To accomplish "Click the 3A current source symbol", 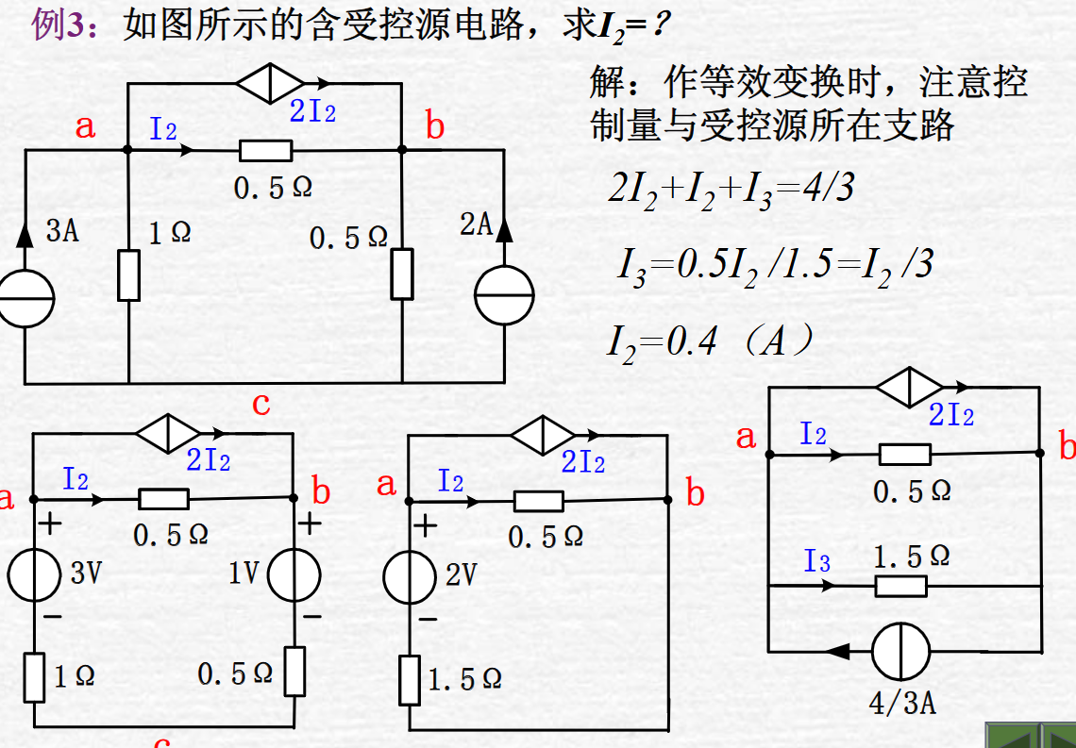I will pyautogui.click(x=26, y=299).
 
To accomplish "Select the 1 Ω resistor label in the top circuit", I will pyautogui.click(x=170, y=231).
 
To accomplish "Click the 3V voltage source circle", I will pyautogui.click(x=35, y=573).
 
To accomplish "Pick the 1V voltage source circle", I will pyautogui.click(x=294, y=573).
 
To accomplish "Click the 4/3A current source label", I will pyautogui.click(x=902, y=703).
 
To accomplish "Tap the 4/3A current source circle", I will pyautogui.click(x=900, y=651).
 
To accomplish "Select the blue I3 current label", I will pyautogui.click(x=817, y=562).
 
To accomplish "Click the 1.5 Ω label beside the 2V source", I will pyautogui.click(x=464, y=679).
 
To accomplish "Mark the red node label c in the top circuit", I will pyautogui.click(x=261, y=404).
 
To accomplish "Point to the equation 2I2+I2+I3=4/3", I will pyautogui.click(x=731, y=190).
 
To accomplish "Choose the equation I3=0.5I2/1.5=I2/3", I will pyautogui.click(x=774, y=265).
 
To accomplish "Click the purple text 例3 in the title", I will pyautogui.click(x=59, y=25).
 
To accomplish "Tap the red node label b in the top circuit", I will pyautogui.click(x=435, y=125).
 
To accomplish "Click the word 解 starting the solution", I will pyautogui.click(x=609, y=84).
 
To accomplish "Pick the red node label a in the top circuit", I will pyautogui.click(x=86, y=125).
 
